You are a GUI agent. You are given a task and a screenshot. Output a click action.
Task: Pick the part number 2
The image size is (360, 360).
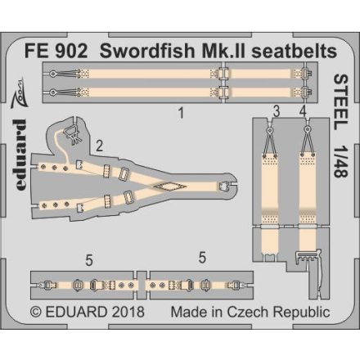[98, 146]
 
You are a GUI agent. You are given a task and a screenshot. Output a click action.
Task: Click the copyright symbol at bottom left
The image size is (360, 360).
[36, 311]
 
